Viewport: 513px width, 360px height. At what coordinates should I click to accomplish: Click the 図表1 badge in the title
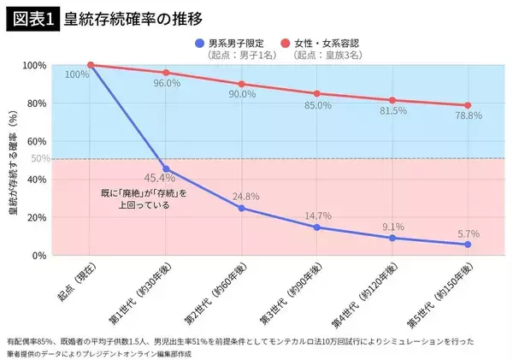coord(32,18)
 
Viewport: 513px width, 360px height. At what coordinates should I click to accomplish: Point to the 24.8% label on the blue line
coord(245,196)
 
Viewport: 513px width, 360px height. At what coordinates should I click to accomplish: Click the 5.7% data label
coord(468,233)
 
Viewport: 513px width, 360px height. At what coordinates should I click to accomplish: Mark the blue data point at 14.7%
coord(317,227)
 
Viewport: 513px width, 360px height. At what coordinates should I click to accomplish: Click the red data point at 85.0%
coord(317,93)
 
